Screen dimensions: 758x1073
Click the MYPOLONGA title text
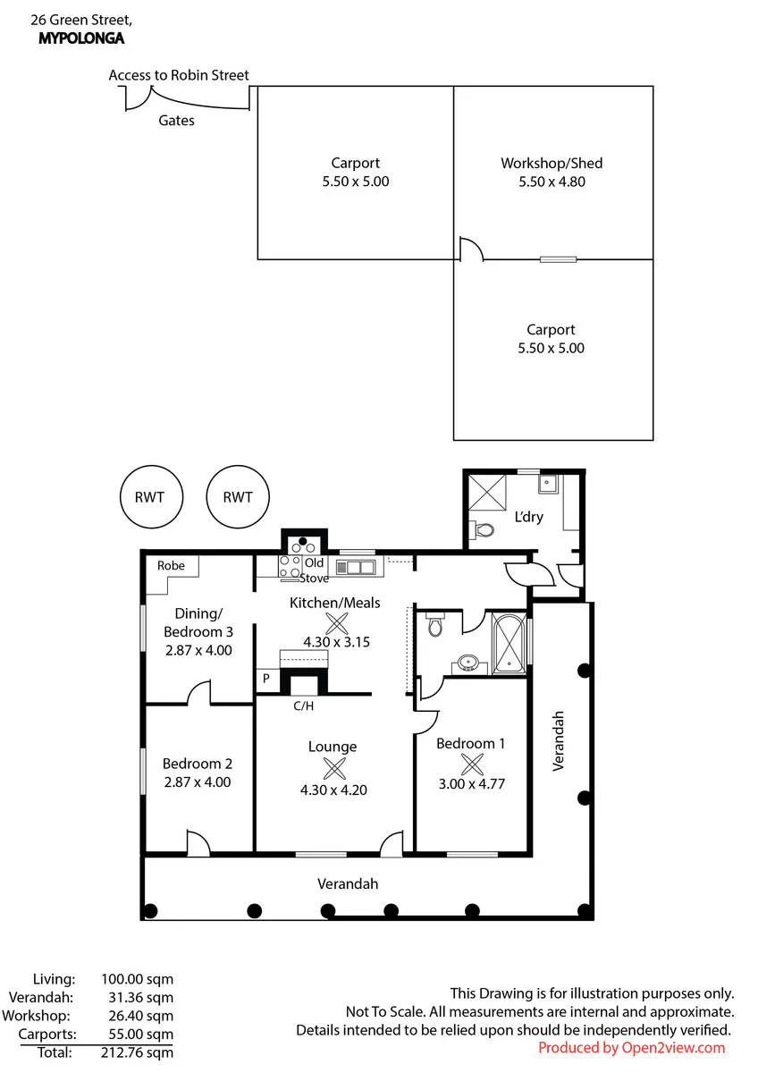[81, 38]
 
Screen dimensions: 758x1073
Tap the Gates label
[176, 120]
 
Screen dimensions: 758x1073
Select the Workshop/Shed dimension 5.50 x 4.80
[552, 182]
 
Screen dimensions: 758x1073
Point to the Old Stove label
[314, 570]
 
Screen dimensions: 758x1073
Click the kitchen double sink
[355, 568]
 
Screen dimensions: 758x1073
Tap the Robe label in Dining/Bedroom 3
[171, 566]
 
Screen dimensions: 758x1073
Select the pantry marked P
[266, 678]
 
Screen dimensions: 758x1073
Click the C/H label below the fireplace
[304, 705]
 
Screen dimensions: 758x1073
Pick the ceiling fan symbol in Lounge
[334, 768]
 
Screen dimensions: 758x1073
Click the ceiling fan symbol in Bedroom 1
[472, 764]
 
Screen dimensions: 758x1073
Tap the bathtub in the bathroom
[509, 645]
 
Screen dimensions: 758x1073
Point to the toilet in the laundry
[482, 529]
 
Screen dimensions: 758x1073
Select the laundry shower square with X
[486, 493]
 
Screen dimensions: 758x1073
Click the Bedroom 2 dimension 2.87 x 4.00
[198, 782]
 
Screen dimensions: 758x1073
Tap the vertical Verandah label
[559, 741]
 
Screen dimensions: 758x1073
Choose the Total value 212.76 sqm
[137, 1052]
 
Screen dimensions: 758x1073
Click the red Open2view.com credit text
[632, 1048]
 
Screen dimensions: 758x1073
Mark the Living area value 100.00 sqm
[137, 979]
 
